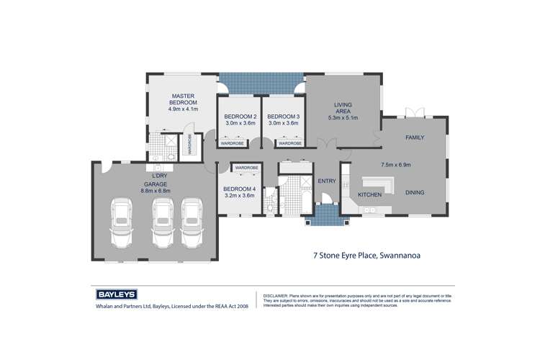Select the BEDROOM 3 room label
click(282, 117)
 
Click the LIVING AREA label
click(343, 106)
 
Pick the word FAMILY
click(415, 137)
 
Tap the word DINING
click(415, 193)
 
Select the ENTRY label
click(325, 181)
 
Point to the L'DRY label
click(160, 176)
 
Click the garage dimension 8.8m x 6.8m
click(156, 191)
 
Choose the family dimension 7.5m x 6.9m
click(395, 164)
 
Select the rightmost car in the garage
click(192, 220)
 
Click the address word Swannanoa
click(410, 254)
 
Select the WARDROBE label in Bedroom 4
click(246, 167)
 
